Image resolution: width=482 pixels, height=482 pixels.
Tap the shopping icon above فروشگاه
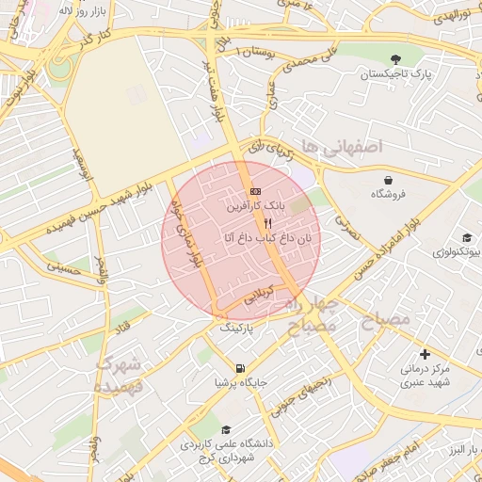[x=388, y=179]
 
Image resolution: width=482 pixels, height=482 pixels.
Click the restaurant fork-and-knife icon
[x=268, y=224]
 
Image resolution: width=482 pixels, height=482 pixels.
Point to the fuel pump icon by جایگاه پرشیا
[x=240, y=368]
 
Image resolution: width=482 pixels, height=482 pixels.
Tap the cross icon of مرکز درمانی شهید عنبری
[x=425, y=355]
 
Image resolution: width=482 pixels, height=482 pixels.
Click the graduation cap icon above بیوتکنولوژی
[x=465, y=238]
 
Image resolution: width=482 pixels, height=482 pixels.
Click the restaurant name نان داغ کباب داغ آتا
[x=268, y=239]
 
